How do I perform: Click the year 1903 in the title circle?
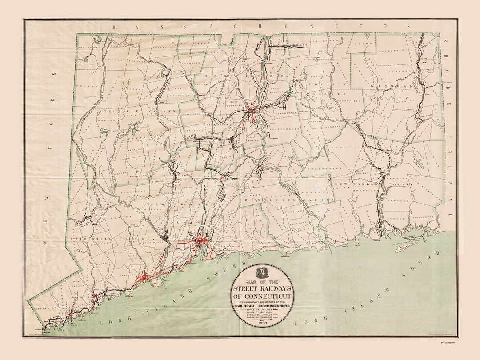pos(262,324)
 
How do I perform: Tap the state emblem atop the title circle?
pos(262,272)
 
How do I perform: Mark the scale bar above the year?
pos(262,320)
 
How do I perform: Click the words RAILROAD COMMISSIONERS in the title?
pos(262,305)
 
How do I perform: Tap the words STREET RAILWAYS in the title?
pos(262,288)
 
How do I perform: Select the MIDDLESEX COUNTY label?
pos(287,200)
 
